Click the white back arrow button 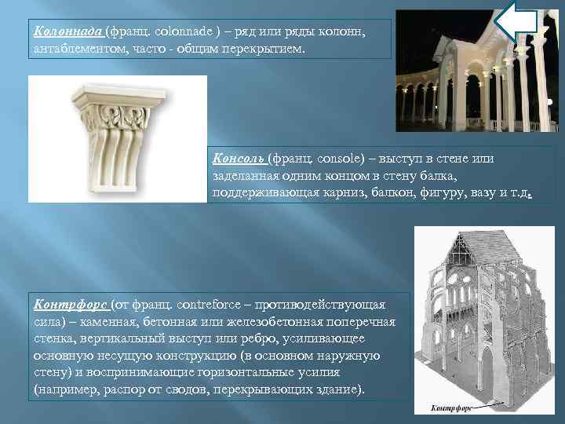[x=519, y=21]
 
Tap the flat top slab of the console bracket [x=117, y=97]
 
